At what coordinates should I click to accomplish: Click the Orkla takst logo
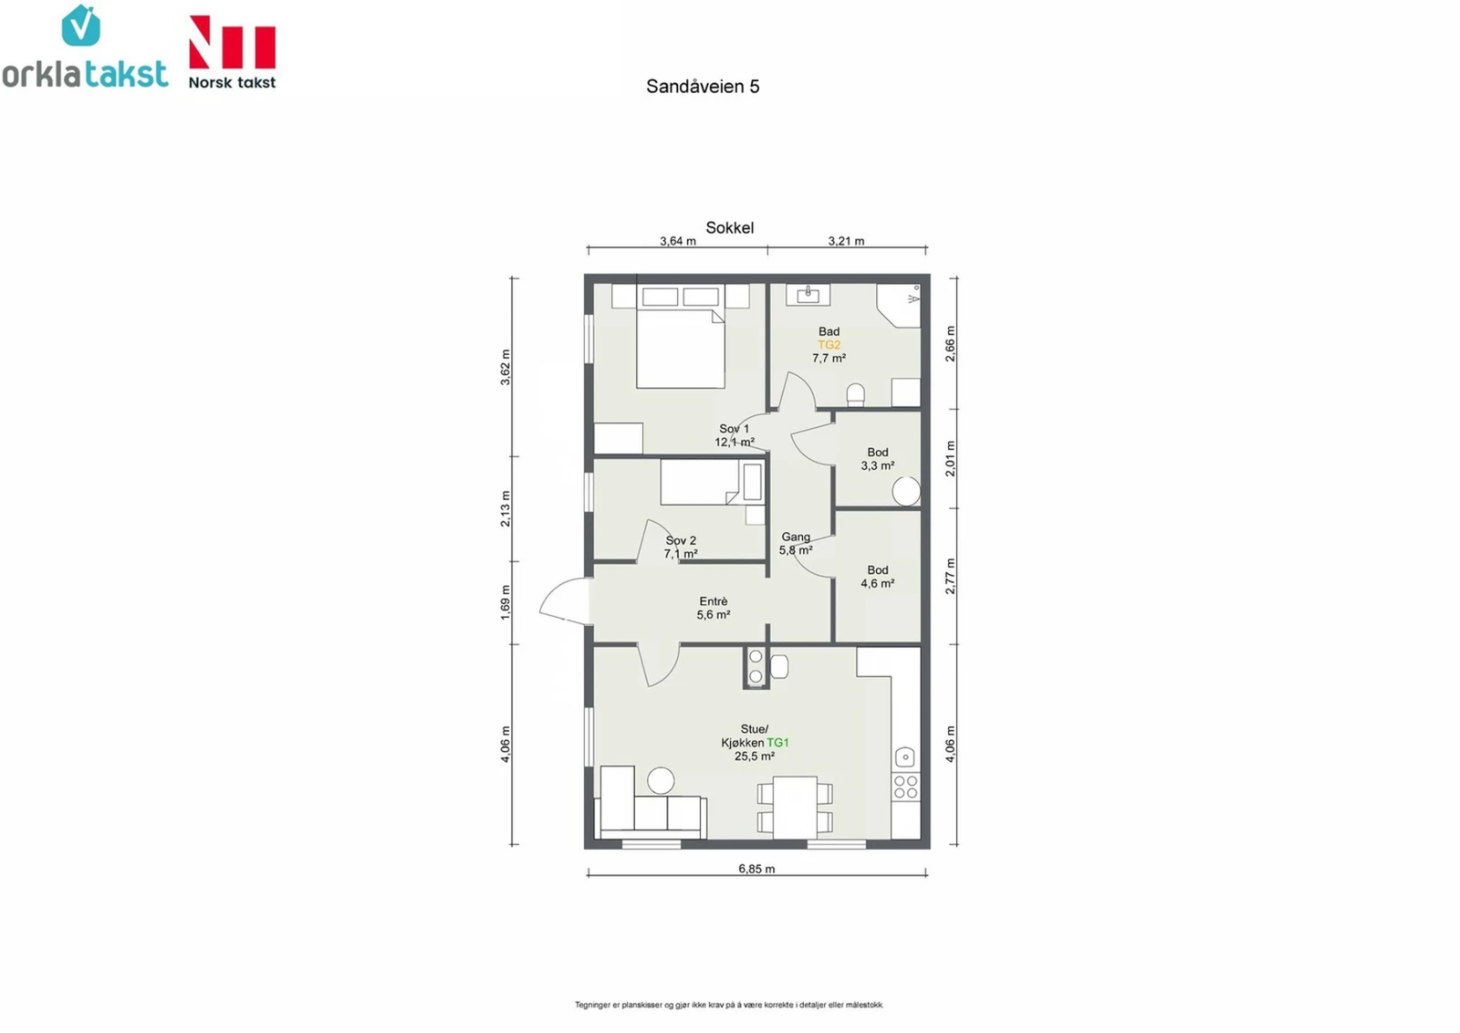85,50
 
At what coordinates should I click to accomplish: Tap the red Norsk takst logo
232,52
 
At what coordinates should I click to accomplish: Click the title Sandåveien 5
703,87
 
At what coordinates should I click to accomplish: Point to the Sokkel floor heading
729,228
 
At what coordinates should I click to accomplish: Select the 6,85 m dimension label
756,869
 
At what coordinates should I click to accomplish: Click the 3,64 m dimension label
678,241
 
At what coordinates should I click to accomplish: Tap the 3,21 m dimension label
846,241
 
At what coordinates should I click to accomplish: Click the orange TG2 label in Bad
829,345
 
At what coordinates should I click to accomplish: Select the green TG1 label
777,743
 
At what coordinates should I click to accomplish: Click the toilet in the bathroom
855,394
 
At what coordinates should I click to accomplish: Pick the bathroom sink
808,295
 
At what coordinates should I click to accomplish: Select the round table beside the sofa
661,780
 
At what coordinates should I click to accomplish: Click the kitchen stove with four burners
905,788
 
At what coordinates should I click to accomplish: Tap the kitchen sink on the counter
904,756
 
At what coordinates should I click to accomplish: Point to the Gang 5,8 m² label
796,544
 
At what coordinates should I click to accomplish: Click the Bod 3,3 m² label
878,459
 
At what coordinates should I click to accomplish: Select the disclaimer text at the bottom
729,1005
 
